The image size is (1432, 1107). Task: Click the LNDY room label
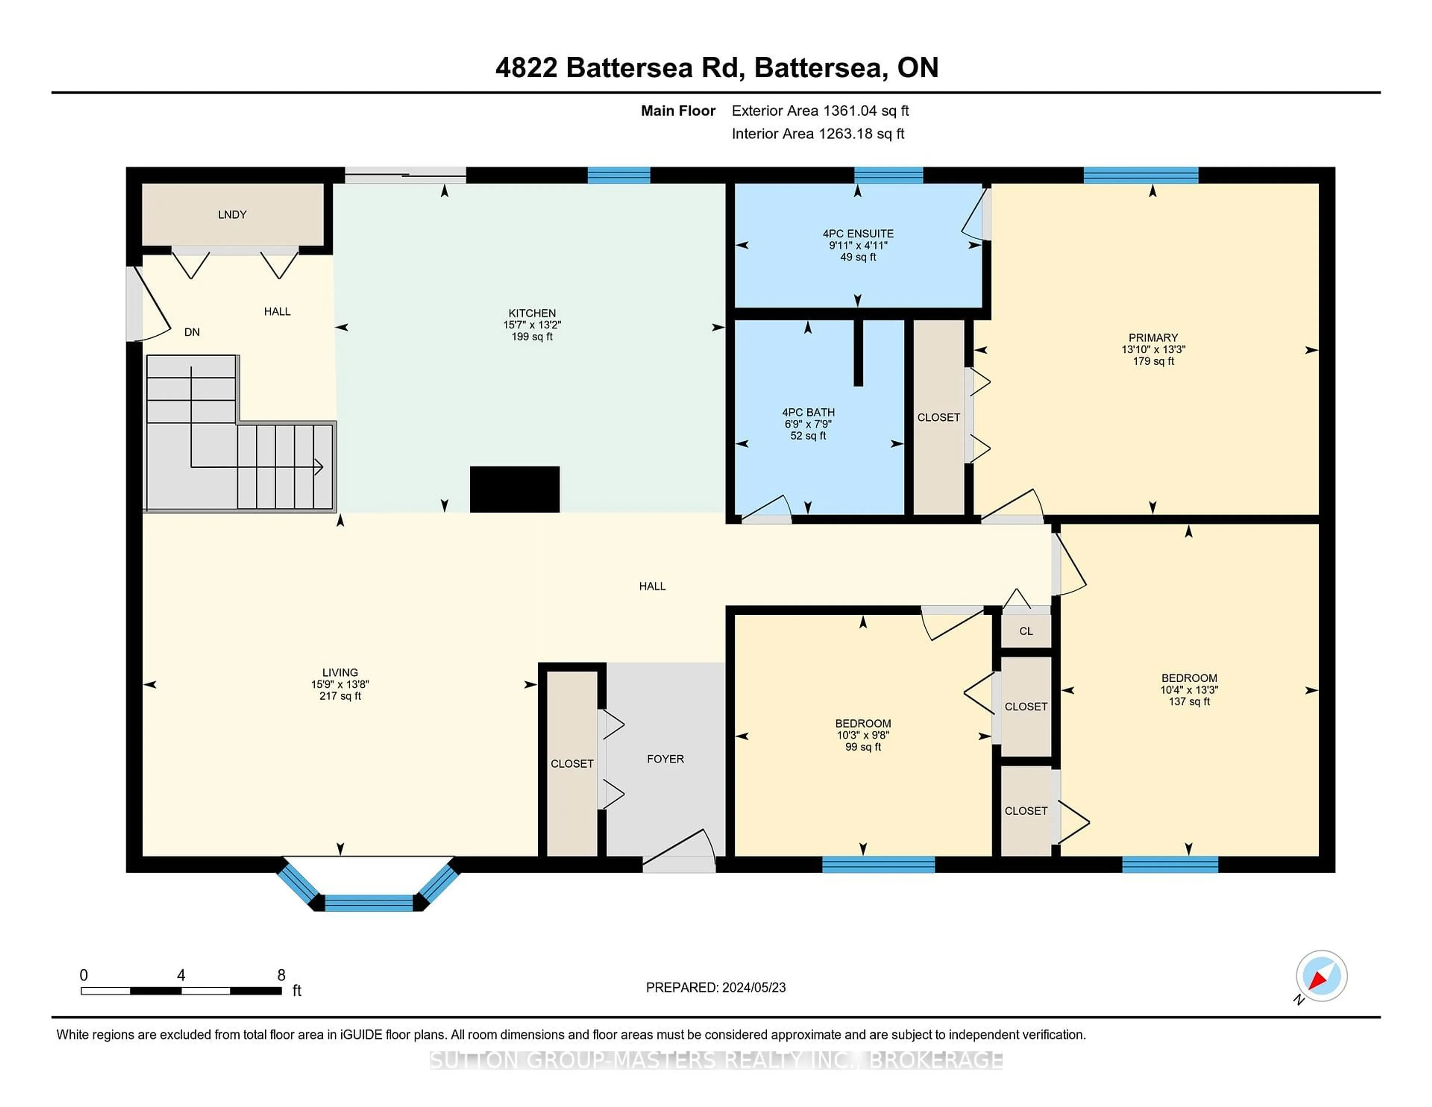pyautogui.click(x=232, y=214)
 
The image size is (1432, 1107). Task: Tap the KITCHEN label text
pyautogui.click(x=532, y=313)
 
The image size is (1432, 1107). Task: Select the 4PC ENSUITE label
pyautogui.click(x=858, y=233)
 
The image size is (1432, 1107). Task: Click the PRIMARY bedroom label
pyautogui.click(x=1153, y=338)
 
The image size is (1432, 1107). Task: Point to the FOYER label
pyautogui.click(x=665, y=759)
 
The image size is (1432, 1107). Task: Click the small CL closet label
pyautogui.click(x=1026, y=631)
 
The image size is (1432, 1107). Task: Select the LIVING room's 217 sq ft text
pyautogui.click(x=340, y=696)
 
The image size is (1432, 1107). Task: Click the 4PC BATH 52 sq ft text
pyautogui.click(x=808, y=436)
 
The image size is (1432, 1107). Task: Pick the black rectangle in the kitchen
pyautogui.click(x=515, y=489)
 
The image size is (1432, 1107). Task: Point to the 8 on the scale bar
pyautogui.click(x=281, y=975)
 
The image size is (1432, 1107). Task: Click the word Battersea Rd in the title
pyautogui.click(x=655, y=68)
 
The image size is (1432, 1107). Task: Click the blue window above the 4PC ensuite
pyautogui.click(x=888, y=175)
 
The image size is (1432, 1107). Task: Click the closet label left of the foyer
pyautogui.click(x=572, y=763)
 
